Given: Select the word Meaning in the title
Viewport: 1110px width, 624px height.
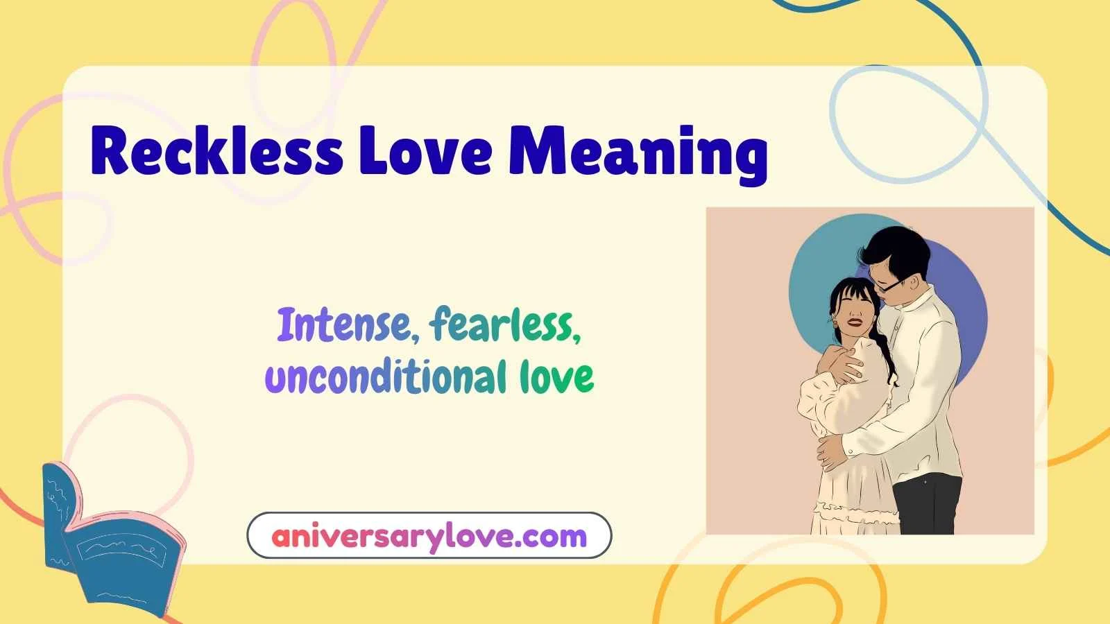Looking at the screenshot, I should [638, 154].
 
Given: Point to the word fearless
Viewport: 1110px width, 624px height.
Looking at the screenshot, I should [505, 325].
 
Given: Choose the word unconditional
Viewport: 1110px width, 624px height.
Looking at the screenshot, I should [386, 376].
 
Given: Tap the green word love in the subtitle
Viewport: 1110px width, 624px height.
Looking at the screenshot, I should [556, 376].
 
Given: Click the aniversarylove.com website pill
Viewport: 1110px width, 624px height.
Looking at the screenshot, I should [429, 536].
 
